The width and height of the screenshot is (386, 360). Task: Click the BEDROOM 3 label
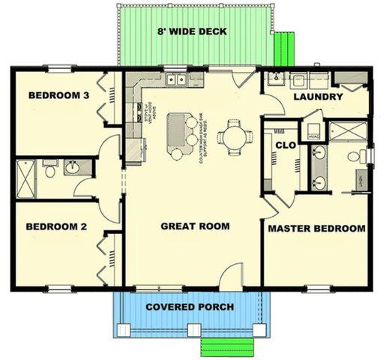(59, 95)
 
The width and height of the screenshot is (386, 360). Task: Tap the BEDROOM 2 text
(57, 226)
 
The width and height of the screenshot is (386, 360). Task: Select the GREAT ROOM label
(195, 226)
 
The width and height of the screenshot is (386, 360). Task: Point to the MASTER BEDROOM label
(316, 228)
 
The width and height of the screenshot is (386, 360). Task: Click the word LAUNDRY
(319, 97)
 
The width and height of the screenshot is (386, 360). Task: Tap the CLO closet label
(286, 145)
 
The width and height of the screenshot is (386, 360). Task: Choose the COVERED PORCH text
(190, 307)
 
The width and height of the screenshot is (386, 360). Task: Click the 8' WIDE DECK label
(192, 31)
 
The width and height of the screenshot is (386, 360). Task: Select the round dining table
(233, 136)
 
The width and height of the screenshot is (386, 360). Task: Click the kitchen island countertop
(178, 127)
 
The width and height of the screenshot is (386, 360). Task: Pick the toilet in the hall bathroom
(50, 170)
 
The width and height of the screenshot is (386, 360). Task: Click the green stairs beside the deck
(283, 47)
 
